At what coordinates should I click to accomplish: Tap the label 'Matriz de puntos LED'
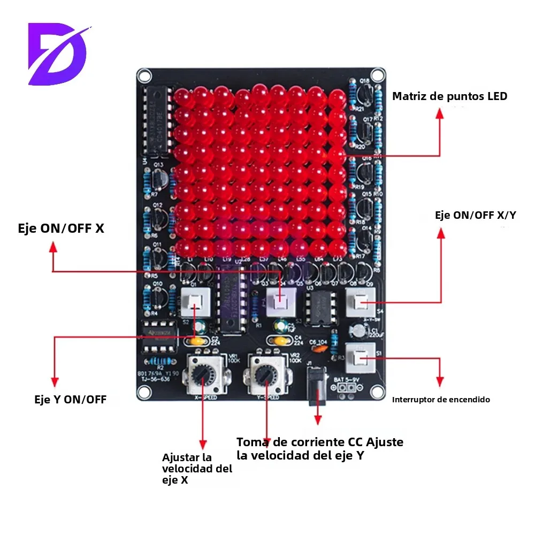(449, 97)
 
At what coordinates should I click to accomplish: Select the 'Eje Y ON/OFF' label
(70, 399)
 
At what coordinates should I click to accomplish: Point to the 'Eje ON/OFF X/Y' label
(476, 215)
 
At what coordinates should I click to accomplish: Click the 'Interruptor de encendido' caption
(441, 400)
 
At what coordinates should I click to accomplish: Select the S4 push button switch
(360, 304)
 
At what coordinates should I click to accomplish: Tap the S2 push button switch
(195, 305)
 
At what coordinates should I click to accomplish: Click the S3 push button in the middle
(280, 303)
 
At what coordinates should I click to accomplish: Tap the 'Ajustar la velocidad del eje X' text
(197, 469)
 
